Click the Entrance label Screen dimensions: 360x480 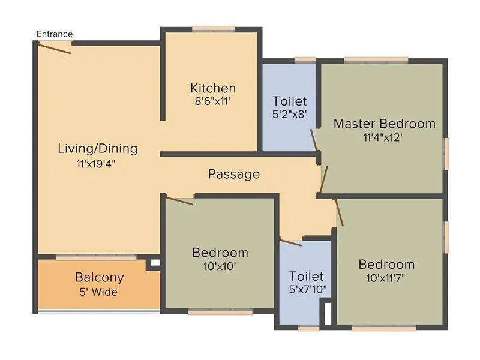55,34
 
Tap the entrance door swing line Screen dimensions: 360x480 54,47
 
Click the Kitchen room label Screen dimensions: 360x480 213,88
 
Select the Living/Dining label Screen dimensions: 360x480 97,148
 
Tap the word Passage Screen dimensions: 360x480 234,174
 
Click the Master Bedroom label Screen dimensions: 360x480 384,124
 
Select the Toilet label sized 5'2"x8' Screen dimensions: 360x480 289,101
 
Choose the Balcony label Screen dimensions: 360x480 99,278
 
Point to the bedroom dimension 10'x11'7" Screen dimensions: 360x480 386,278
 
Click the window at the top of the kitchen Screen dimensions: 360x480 213,28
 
